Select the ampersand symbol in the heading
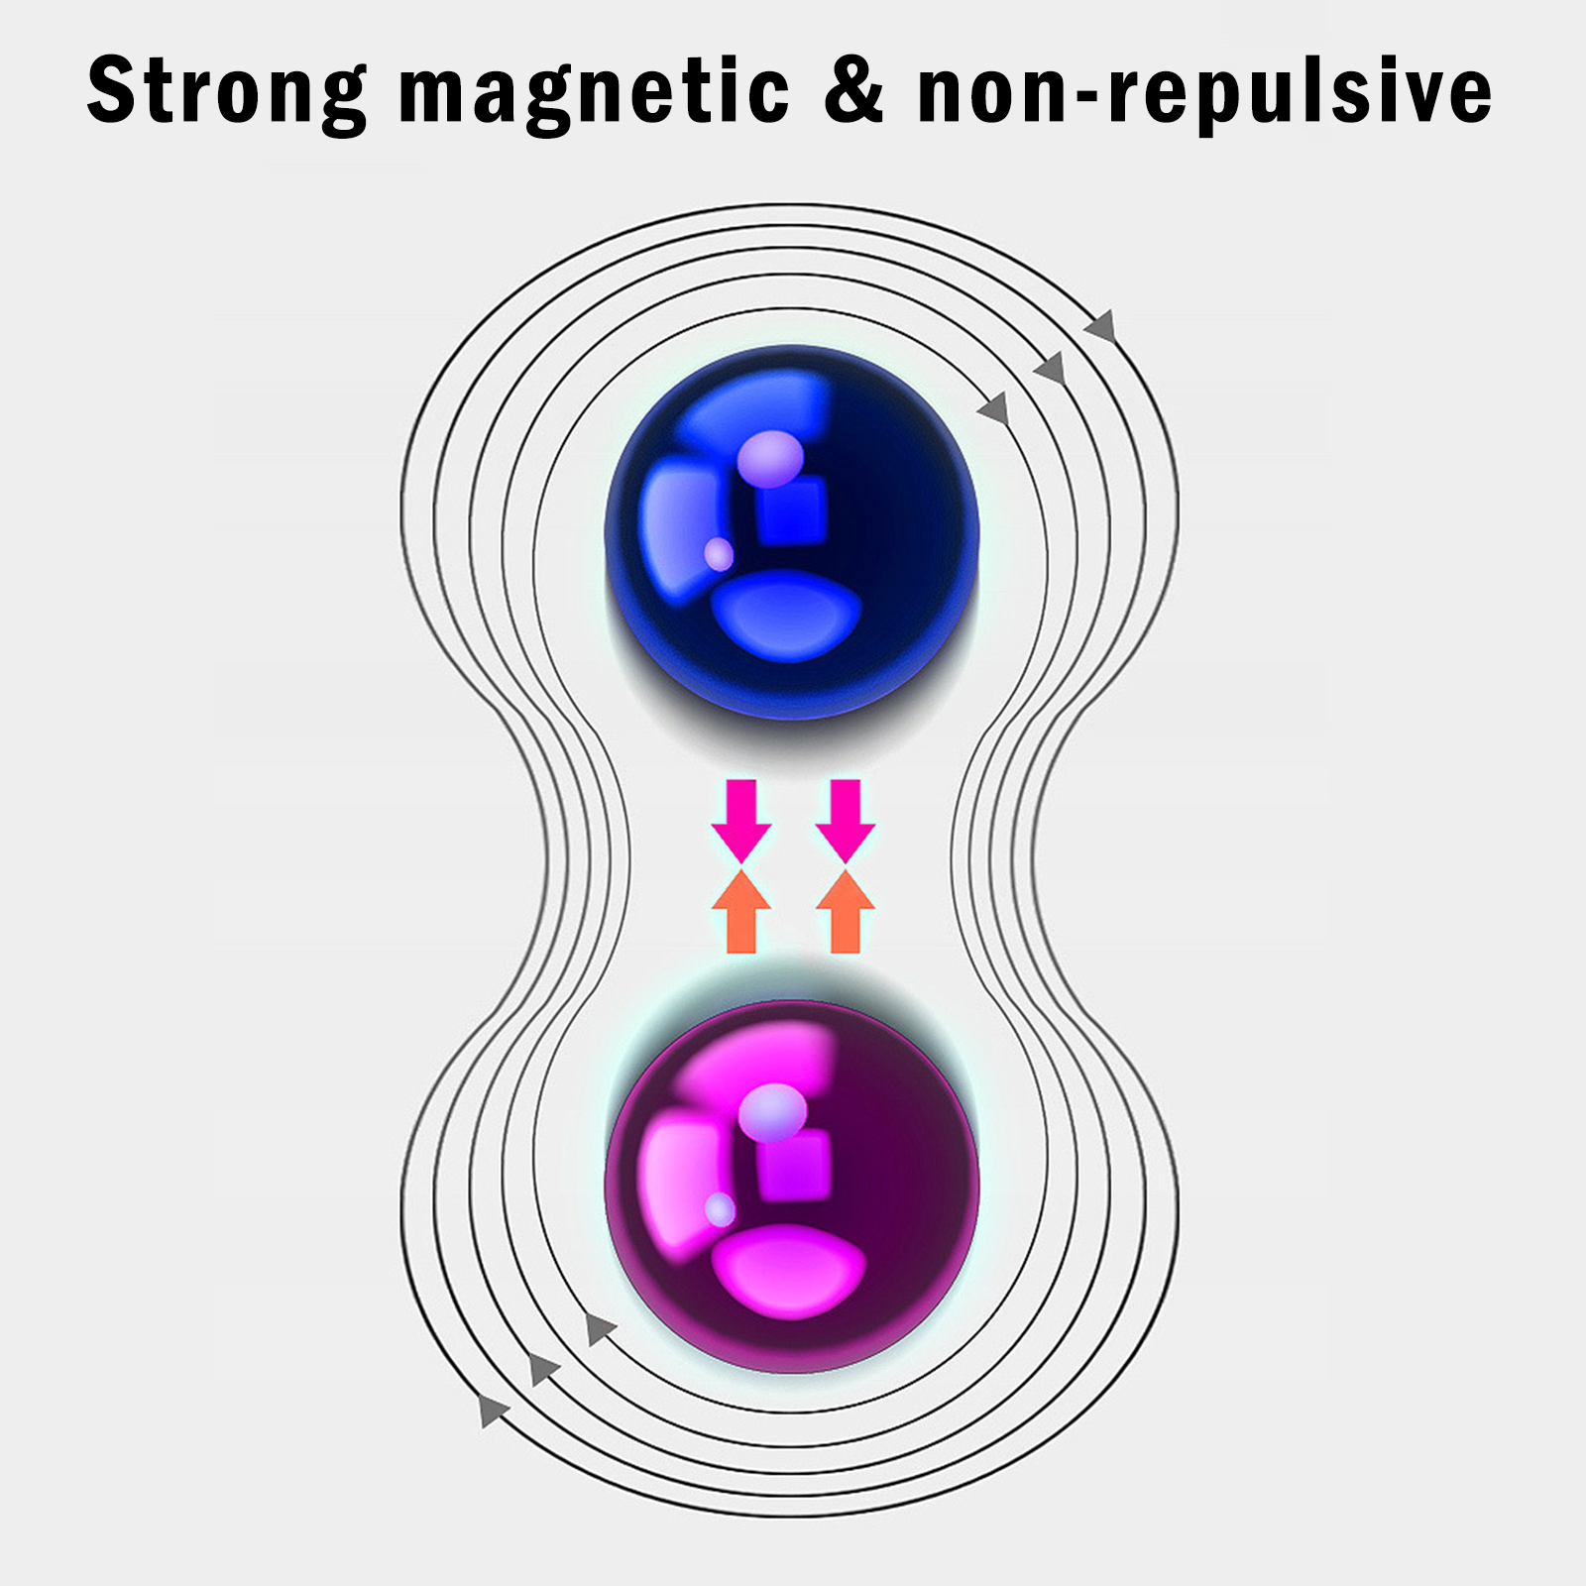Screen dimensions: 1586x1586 853,88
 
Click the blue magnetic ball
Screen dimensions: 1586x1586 792,532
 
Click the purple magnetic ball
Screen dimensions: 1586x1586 792,1187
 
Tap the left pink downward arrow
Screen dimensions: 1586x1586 741,821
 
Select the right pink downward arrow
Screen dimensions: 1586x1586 846,821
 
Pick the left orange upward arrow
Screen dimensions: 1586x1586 741,912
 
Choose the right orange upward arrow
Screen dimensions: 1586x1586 846,912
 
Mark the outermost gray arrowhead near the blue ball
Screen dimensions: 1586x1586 1101,325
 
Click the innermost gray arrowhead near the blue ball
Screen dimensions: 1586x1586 994,408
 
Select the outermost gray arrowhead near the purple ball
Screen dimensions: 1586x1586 493,1410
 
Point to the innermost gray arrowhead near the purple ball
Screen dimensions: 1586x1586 600,1328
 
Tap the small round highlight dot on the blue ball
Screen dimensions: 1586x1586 719,554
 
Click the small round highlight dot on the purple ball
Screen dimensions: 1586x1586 720,1209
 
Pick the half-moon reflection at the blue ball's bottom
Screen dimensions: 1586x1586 787,618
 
